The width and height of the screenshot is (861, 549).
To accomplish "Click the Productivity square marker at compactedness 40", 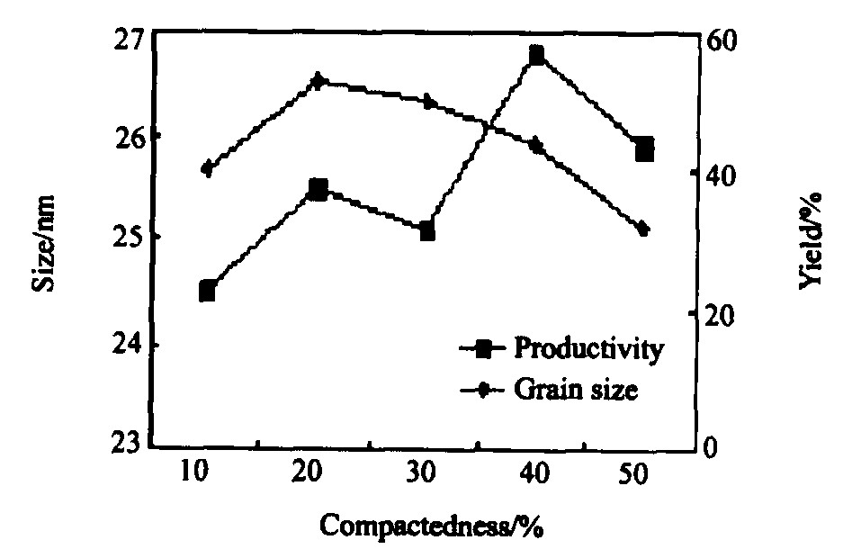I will pyautogui.click(x=536, y=56).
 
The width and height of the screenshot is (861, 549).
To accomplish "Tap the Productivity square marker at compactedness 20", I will pyautogui.click(x=318, y=189).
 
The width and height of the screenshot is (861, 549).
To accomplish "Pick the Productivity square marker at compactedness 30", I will pyautogui.click(x=427, y=231).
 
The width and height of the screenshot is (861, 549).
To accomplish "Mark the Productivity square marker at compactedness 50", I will pyautogui.click(x=644, y=149).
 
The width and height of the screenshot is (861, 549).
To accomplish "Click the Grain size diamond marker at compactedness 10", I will pyautogui.click(x=208, y=168).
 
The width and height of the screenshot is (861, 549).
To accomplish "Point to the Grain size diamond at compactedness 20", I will pyautogui.click(x=318, y=80).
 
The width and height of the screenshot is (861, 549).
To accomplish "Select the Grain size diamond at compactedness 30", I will pyautogui.click(x=428, y=102).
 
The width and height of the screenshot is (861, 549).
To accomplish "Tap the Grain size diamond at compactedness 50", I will pyautogui.click(x=643, y=229).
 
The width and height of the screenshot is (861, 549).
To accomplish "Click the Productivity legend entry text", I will pyautogui.click(x=589, y=348).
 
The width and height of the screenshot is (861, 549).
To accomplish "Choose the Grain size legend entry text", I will pyautogui.click(x=576, y=391).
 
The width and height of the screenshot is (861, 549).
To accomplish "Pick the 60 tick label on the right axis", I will pyautogui.click(x=720, y=40).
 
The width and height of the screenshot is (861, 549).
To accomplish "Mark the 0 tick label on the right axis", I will pyautogui.click(x=711, y=446).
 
